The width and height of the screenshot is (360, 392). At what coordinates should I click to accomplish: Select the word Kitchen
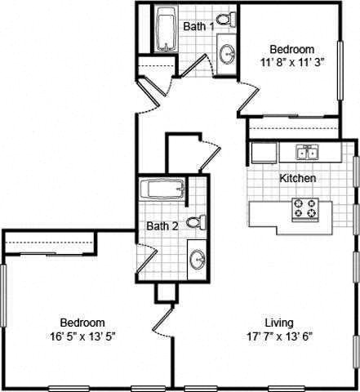point(298,178)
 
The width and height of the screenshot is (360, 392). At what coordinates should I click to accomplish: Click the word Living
point(279,322)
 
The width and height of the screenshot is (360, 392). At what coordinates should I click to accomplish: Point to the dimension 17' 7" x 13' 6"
point(279,335)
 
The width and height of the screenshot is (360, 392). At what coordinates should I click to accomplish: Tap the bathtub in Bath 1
point(167,31)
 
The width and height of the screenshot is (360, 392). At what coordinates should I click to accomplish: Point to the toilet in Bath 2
point(194,222)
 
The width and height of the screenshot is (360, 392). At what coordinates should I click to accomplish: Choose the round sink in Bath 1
point(227,54)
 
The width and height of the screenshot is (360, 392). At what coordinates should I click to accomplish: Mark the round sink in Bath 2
point(197,260)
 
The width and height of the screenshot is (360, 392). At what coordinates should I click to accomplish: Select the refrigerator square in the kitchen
point(263,153)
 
